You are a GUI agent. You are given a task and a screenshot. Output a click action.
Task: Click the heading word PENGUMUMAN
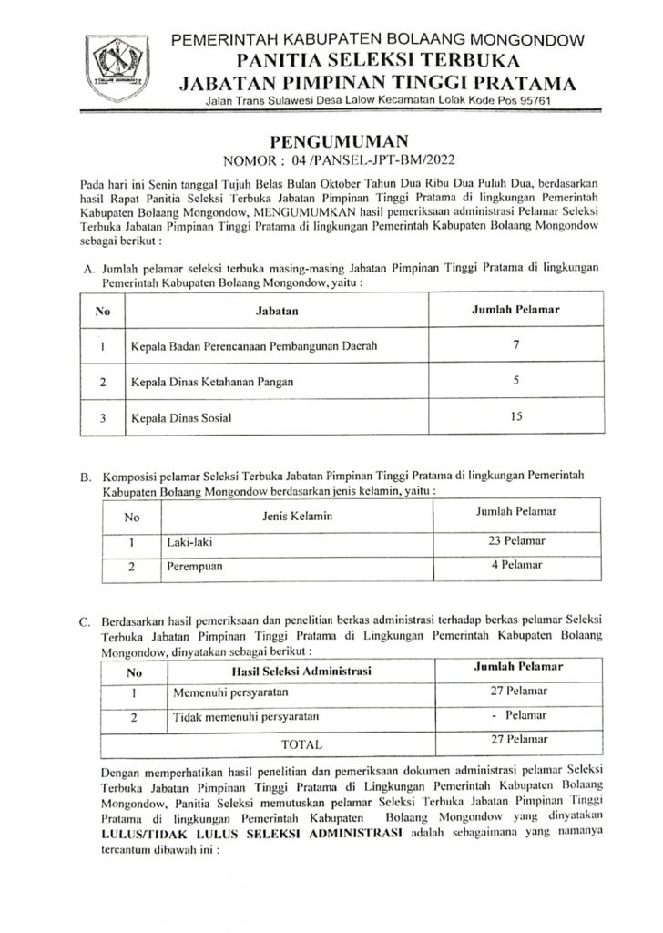(x=331, y=142)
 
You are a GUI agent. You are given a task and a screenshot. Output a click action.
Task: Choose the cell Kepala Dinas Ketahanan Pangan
(x=216, y=382)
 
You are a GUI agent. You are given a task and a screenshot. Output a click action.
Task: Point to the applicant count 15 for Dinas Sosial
(x=515, y=416)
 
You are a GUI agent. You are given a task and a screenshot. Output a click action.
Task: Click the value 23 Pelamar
(x=516, y=542)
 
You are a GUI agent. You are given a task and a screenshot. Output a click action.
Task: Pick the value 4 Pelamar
(x=516, y=567)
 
